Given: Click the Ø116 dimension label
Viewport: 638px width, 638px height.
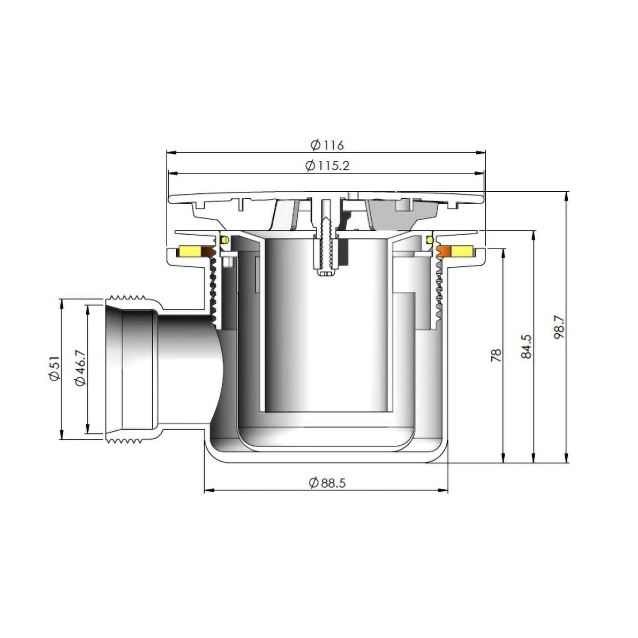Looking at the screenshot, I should (x=327, y=145).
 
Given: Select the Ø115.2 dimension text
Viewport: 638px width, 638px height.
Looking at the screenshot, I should (x=327, y=166).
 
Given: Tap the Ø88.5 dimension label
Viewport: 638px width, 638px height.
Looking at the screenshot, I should (x=327, y=483).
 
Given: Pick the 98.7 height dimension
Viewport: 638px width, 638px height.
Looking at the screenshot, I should (x=559, y=327).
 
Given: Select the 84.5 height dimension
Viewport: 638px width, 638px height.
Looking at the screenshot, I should (x=526, y=346).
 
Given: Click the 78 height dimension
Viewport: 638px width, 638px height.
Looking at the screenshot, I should (x=496, y=355).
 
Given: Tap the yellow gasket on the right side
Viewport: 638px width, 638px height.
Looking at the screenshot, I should (x=463, y=251).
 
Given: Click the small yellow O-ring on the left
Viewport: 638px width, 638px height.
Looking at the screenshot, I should (x=224, y=240).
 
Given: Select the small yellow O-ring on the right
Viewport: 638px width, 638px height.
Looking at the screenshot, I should (x=429, y=240).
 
